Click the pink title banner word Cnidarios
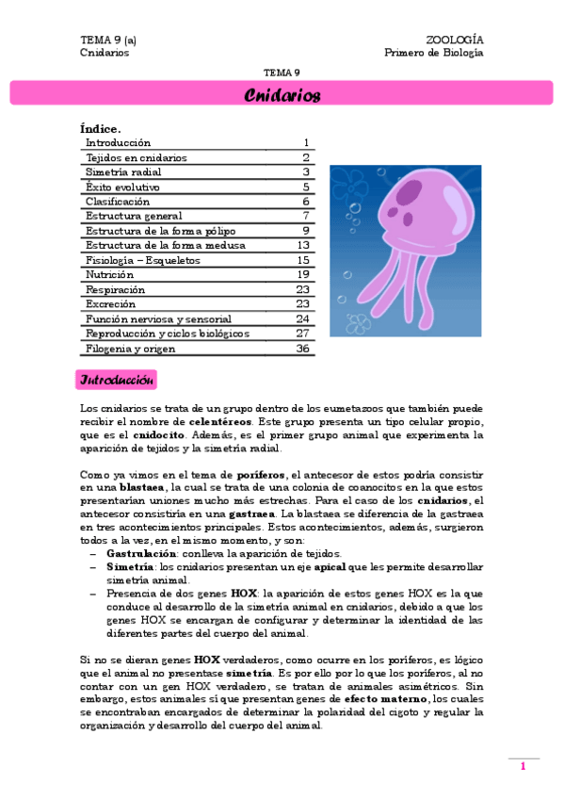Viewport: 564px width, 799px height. (282, 96)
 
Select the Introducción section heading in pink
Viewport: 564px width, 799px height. (117, 381)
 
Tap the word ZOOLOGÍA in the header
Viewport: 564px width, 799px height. (455, 41)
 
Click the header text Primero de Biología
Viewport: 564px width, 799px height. (434, 53)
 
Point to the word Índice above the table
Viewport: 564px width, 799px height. (101, 129)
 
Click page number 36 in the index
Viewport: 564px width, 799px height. (303, 348)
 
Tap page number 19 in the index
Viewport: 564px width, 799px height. (303, 274)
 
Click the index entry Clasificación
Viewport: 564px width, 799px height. (118, 202)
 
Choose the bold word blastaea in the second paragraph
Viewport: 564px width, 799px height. (142, 488)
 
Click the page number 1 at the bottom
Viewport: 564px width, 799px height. (523, 767)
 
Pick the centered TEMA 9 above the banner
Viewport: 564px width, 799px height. (282, 73)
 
